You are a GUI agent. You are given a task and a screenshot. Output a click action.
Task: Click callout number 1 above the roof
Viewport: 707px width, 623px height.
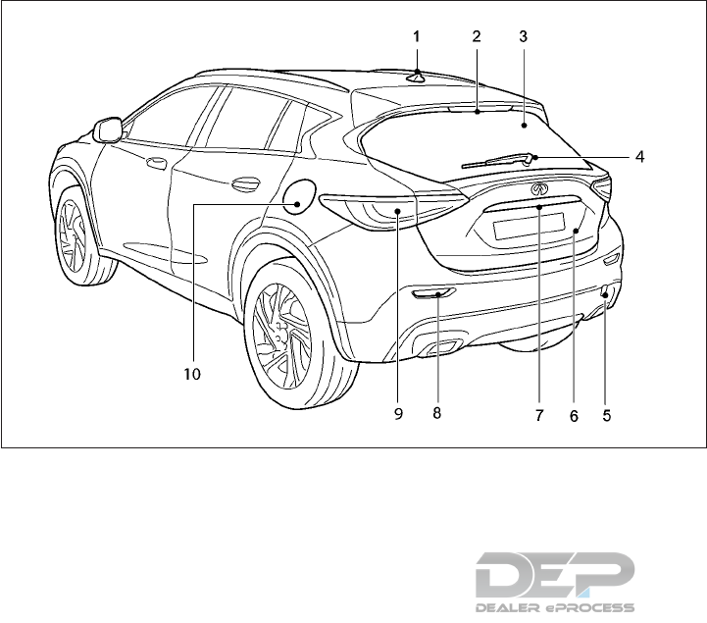pos(417,35)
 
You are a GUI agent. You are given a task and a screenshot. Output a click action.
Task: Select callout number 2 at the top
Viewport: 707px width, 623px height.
pos(476,35)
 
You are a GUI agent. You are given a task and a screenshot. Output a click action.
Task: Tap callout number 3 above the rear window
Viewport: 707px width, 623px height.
pos(524,35)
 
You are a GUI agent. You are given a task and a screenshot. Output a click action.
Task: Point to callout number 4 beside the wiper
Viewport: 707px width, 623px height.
pos(638,155)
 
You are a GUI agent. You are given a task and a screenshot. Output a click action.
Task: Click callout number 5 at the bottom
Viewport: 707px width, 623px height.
pos(607,415)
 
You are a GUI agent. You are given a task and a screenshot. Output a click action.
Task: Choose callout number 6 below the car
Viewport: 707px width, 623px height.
pos(575,415)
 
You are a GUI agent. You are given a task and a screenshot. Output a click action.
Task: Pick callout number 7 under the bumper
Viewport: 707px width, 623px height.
pos(538,415)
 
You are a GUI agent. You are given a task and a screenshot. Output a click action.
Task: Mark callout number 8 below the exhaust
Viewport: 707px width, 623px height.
pos(436,413)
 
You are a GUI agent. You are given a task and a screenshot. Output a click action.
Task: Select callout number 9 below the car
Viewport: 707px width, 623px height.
pos(398,414)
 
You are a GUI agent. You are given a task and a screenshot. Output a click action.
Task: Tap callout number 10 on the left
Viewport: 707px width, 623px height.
pos(192,374)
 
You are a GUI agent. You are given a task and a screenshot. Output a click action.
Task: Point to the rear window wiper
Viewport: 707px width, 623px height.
pos(499,159)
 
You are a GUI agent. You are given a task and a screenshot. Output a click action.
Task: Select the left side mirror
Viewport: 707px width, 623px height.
pos(107,129)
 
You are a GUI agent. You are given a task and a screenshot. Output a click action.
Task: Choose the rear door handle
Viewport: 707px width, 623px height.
pos(245,183)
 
